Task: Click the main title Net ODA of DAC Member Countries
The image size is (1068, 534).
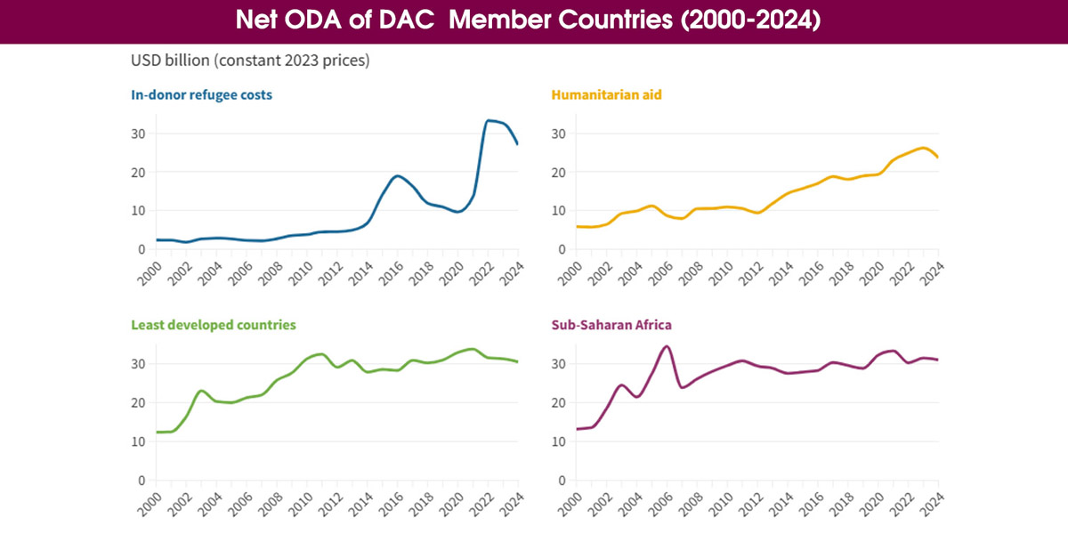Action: pos(534,21)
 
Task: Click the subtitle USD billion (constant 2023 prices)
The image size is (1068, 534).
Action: pos(250,61)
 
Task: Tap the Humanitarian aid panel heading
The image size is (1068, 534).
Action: pos(606,94)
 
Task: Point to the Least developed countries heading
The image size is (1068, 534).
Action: pos(213,325)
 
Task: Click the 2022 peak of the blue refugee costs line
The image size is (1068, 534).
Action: pos(489,120)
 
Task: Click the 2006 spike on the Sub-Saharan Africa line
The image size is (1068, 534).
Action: pos(667,346)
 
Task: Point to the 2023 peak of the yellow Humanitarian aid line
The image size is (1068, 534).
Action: pos(923,148)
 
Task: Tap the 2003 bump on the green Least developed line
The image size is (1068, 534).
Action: pos(201,391)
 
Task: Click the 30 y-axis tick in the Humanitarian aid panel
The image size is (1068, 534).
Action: pos(558,133)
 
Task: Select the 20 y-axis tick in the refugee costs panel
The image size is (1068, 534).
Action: pos(138,172)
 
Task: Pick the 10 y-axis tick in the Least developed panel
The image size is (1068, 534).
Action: pos(138,441)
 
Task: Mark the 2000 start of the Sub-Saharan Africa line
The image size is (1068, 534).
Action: pos(578,429)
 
